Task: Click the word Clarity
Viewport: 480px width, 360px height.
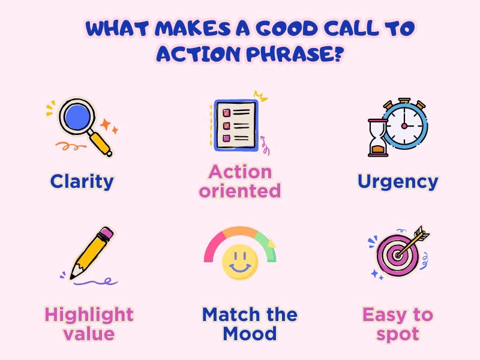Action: [x=82, y=181]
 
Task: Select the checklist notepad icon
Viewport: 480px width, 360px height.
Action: [x=236, y=124]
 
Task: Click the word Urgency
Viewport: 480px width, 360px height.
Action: [x=398, y=181]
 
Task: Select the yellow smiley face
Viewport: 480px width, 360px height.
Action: [x=240, y=263]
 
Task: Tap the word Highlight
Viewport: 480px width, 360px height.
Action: [x=89, y=314]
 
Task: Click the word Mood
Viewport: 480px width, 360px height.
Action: [x=249, y=334]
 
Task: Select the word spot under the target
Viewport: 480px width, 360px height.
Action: [x=397, y=334]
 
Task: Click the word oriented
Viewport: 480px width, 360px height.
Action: [x=240, y=191]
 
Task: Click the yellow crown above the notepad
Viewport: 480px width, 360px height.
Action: [x=260, y=95]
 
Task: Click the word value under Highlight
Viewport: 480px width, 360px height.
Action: [x=89, y=334]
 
